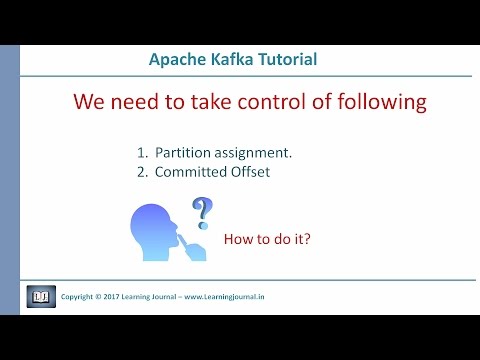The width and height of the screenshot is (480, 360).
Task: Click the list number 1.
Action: [142, 153]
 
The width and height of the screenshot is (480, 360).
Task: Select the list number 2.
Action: [142, 173]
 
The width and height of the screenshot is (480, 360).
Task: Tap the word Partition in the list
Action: [187, 153]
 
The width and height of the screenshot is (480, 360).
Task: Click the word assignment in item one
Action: [261, 154]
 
